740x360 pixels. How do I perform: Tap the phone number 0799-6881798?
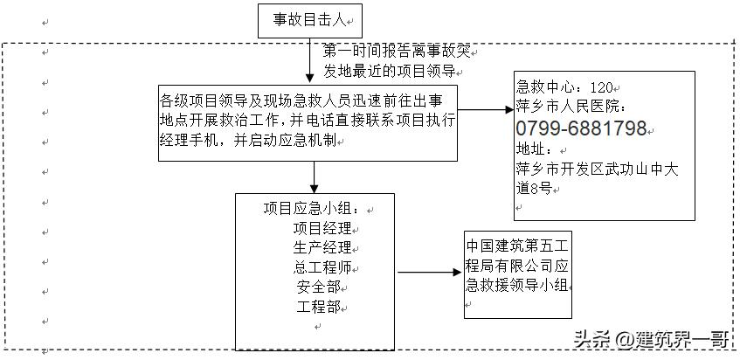pos(581,128)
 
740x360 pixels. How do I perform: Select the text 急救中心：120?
pos(565,87)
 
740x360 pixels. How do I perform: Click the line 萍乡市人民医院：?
pos(572,107)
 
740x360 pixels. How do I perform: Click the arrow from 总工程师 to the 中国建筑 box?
pos(431,272)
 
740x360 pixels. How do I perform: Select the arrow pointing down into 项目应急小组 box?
pos(315,177)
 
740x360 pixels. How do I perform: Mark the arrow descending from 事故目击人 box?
pos(310,60)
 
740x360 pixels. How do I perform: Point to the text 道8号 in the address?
pos(533,187)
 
